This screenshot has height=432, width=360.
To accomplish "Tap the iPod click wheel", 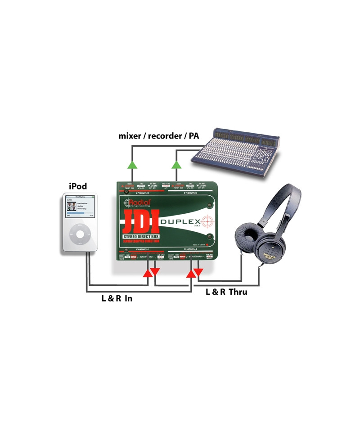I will click(80, 234).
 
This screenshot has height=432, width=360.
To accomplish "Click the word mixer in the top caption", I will click(131, 135).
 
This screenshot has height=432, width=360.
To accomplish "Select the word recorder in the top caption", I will click(163, 135).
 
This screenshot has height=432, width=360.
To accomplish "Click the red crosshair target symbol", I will click(206, 221).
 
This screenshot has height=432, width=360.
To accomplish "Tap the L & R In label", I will click(117, 297).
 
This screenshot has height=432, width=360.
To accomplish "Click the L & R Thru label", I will click(226, 292).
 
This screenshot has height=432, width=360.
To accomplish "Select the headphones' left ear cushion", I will click(247, 239).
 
